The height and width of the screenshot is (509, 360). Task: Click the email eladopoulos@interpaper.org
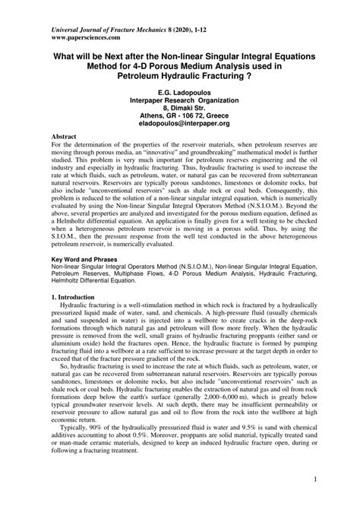pos(179,121)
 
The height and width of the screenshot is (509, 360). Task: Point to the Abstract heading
pos(44,133)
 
